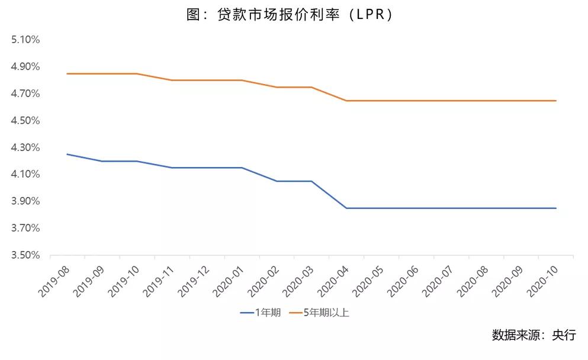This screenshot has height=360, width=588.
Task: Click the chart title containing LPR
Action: (x=290, y=15)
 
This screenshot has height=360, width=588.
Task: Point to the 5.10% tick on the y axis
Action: (x=25, y=40)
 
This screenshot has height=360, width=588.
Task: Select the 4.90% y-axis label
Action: (x=25, y=66)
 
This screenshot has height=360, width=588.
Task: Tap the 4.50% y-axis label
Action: (x=25, y=120)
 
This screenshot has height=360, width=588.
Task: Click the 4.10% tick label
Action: (x=25, y=174)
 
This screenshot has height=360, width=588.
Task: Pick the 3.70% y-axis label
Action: (x=25, y=228)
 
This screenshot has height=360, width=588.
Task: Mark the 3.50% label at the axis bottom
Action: (x=25, y=255)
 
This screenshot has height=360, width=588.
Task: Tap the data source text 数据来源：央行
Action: (x=533, y=335)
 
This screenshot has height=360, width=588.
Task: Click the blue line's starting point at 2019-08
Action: (x=67, y=154)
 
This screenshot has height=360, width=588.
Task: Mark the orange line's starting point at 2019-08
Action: (x=67, y=73)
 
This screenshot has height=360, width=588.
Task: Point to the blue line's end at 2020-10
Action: (x=556, y=208)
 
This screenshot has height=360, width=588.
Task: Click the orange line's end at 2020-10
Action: (x=556, y=101)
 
